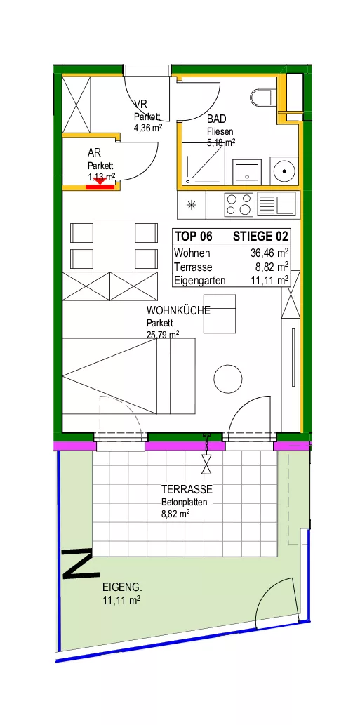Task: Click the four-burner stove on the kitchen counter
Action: click(x=239, y=205)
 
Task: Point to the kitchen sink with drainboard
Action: click(x=276, y=205)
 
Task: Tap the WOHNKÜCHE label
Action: click(x=178, y=310)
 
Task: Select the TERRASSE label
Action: click(x=187, y=489)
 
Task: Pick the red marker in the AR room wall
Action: click(x=100, y=185)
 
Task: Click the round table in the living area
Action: click(x=228, y=379)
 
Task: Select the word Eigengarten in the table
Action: click(x=199, y=281)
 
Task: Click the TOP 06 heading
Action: click(x=193, y=237)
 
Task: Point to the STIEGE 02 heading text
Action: click(x=260, y=237)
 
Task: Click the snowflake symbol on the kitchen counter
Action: click(x=192, y=205)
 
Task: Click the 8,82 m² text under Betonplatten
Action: click(x=175, y=513)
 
